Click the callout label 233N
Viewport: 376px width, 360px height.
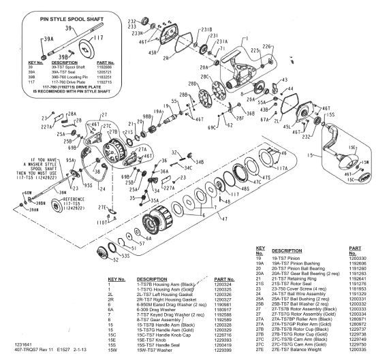pyautogui.click(x=136, y=32)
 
